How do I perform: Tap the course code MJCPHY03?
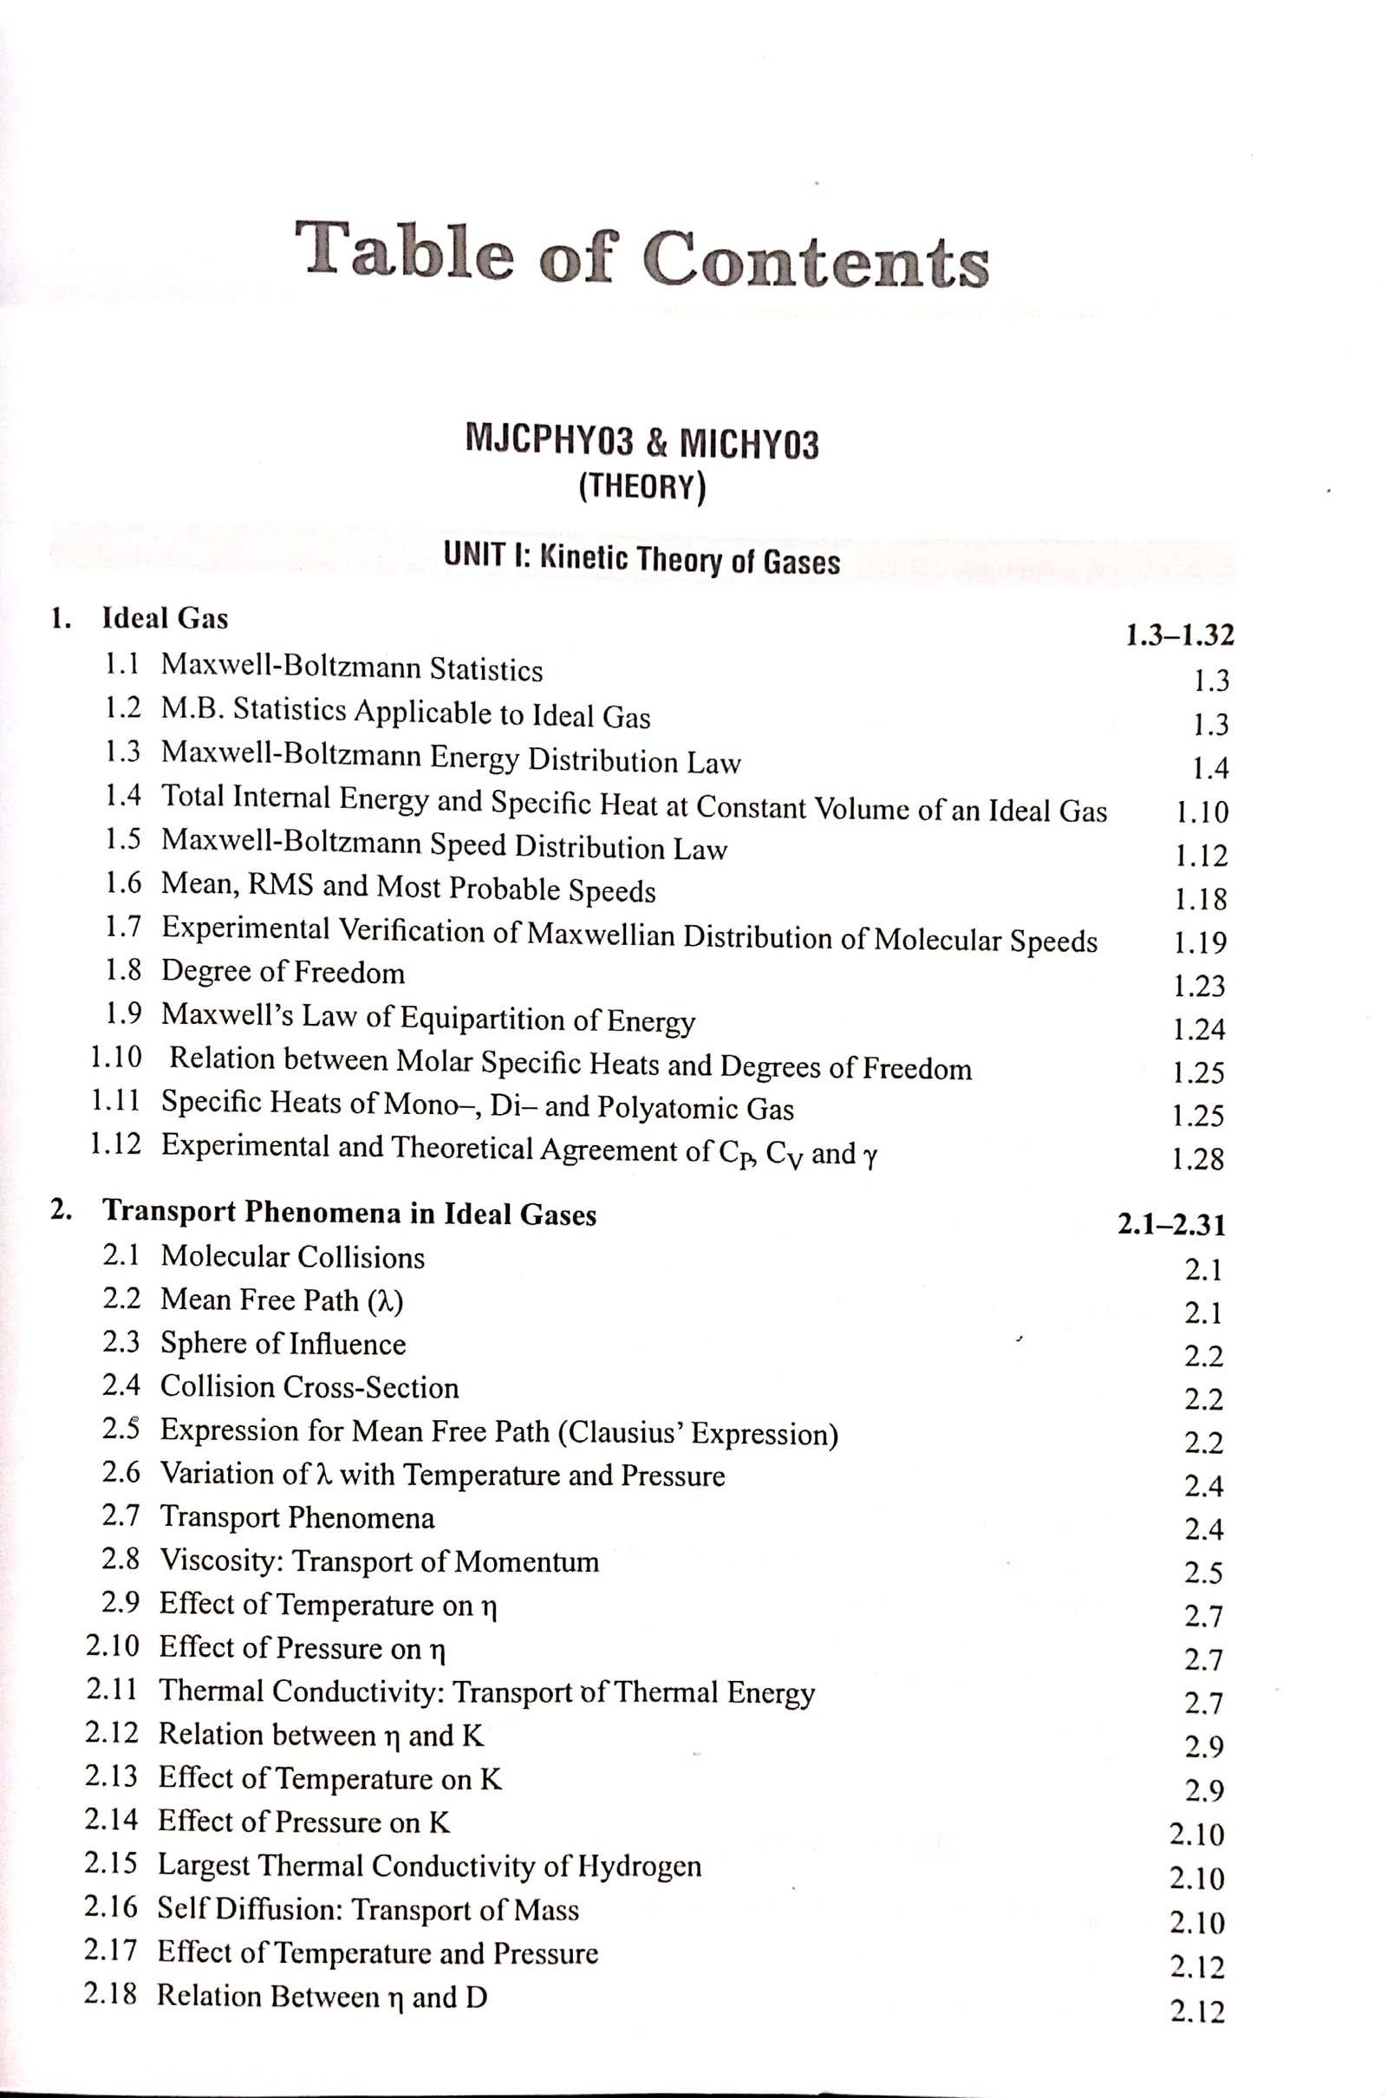pos(549,440)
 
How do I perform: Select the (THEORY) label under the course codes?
pos(642,487)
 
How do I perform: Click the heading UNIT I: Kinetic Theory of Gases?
pos(641,559)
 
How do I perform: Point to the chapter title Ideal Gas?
pos(166,618)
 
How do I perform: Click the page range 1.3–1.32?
pos(1179,635)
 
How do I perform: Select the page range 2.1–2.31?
pos(1172,1225)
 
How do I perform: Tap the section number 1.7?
pos(123,927)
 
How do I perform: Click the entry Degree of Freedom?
pos(283,972)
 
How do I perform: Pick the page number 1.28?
pos(1198,1160)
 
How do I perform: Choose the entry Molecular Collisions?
pos(292,1257)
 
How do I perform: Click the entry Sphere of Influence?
pos(283,1344)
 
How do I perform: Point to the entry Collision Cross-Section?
pos(309,1387)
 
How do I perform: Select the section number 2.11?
pos(113,1690)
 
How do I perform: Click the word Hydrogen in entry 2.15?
pos(640,1867)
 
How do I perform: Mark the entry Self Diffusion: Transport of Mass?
pos(368,1910)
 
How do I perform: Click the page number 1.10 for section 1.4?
pos(1201,812)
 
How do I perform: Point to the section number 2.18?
pos(111,1995)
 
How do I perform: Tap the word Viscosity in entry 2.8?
pos(218,1561)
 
